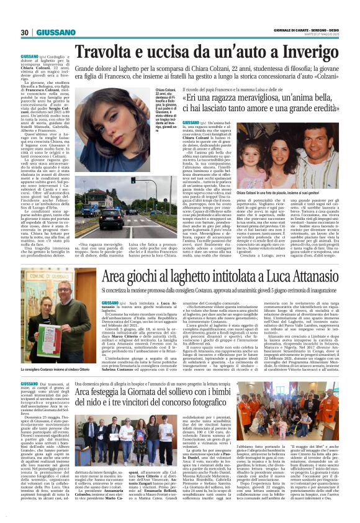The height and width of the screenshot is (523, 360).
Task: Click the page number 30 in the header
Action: [x=25, y=32]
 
